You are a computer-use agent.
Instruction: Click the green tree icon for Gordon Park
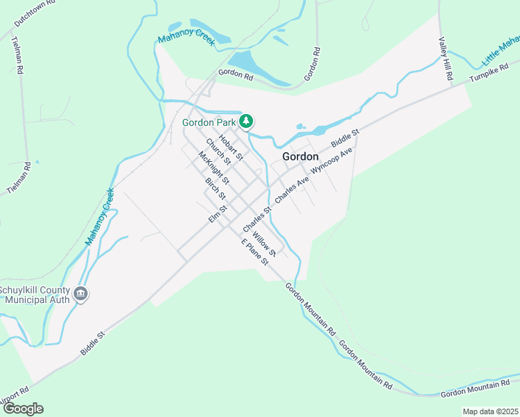(245, 122)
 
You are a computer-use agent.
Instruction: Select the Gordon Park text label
(209, 122)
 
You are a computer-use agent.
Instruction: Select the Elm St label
(218, 213)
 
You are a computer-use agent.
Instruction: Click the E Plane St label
(254, 252)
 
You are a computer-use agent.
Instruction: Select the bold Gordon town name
(300, 156)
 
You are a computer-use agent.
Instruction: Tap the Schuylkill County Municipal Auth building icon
(81, 294)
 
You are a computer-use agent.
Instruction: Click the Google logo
(23, 409)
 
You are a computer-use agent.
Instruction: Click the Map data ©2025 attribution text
(489, 411)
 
